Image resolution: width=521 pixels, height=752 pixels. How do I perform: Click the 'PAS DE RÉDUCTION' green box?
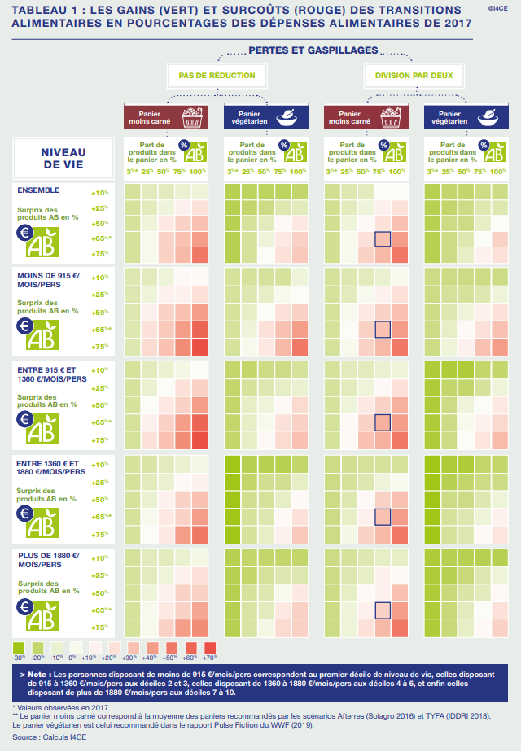tap(217, 76)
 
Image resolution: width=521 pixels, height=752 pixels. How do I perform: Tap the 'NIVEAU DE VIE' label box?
tap(63, 158)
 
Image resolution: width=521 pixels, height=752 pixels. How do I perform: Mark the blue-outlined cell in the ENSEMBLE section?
tap(383, 239)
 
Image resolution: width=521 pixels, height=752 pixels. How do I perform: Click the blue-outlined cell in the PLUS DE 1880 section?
tap(383, 611)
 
